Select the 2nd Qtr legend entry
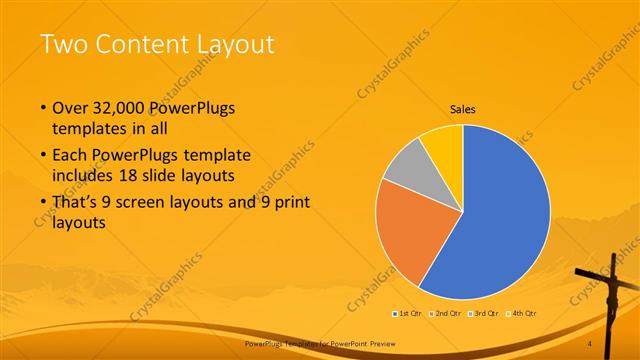pos(446,314)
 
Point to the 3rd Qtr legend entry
pos(484,314)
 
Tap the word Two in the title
pos(61,44)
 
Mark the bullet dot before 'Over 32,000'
pos(43,107)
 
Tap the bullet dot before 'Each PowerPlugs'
pos(43,156)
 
